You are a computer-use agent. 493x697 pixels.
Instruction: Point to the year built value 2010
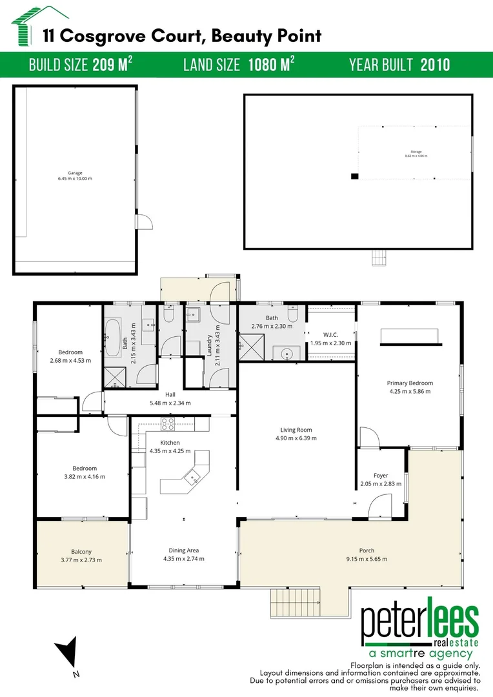pyautogui.click(x=435, y=65)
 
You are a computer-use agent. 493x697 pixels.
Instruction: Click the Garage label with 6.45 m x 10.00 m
pyautogui.click(x=75, y=176)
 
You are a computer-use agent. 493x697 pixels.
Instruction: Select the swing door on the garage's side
pyautogui.click(x=146, y=221)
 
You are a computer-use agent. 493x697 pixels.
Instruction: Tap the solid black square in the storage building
pyautogui.click(x=354, y=176)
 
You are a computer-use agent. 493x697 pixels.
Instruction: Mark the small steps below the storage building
pyautogui.click(x=378, y=258)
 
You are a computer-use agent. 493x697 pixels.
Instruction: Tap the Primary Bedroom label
pyautogui.click(x=410, y=383)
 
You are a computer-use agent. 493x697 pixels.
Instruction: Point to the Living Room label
pyautogui.click(x=296, y=430)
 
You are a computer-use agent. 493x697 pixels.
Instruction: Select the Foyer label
pyautogui.click(x=380, y=476)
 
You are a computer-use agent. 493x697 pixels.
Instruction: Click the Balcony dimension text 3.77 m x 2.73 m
pyautogui.click(x=81, y=560)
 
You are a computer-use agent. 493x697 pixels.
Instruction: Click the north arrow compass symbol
pyautogui.click(x=68, y=656)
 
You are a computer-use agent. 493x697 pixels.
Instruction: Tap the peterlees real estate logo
pyautogui.click(x=419, y=630)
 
